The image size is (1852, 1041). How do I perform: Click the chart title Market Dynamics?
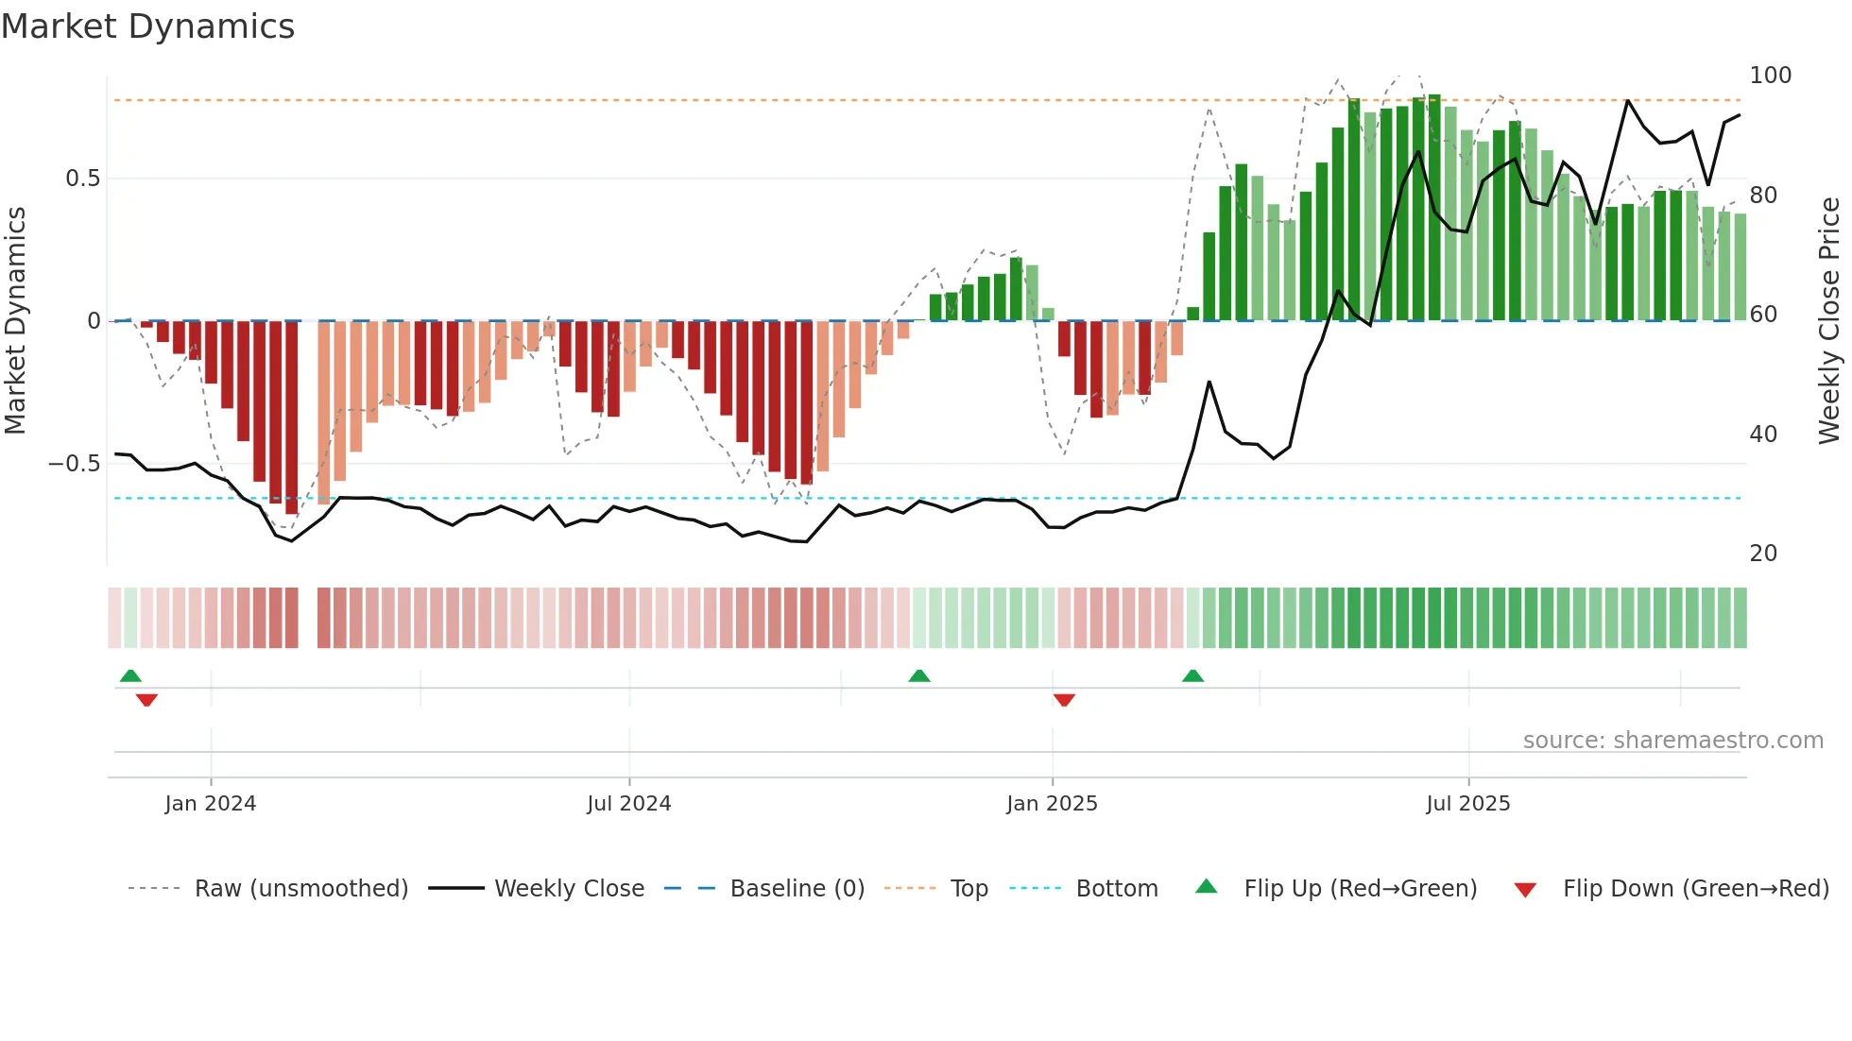pyautogui.click(x=147, y=26)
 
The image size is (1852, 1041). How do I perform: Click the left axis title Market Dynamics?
pyautogui.click(x=15, y=320)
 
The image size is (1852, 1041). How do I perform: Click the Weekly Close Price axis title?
pyautogui.click(x=1829, y=320)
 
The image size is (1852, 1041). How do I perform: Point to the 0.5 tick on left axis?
pyautogui.click(x=82, y=179)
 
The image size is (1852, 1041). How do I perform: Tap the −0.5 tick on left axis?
pyautogui.click(x=75, y=464)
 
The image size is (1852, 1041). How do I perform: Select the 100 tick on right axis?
pyautogui.click(x=1770, y=76)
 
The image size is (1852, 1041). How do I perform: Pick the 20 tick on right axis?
pyautogui.click(x=1763, y=554)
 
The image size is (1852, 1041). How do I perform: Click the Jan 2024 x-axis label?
pyautogui.click(x=210, y=804)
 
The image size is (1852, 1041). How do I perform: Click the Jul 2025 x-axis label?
pyautogui.click(x=1467, y=804)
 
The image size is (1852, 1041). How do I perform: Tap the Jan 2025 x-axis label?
pyautogui.click(x=1052, y=804)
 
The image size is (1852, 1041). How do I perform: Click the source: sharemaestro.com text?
pyautogui.click(x=1672, y=741)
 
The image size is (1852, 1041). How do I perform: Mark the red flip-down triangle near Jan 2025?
pyautogui.click(x=1064, y=700)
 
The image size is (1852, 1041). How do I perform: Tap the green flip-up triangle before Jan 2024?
pyautogui.click(x=130, y=675)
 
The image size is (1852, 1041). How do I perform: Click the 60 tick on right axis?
pyautogui.click(x=1763, y=315)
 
